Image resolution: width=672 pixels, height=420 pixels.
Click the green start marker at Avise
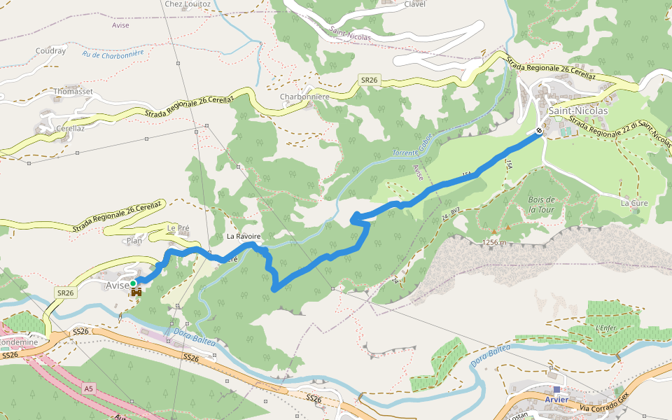[133, 283]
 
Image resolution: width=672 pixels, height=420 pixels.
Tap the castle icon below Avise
[135, 292]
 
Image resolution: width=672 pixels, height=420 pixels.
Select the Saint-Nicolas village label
[577, 111]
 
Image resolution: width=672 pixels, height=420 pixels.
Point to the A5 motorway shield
[87, 388]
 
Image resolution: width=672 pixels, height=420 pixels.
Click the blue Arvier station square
[556, 389]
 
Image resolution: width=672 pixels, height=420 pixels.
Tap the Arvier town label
[559, 400]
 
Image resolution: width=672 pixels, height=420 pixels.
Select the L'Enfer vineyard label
[605, 328]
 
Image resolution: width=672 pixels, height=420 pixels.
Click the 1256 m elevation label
[493, 242]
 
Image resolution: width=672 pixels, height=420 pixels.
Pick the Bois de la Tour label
[542, 204]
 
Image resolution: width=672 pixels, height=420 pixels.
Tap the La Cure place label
[634, 203]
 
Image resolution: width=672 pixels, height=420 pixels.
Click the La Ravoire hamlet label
[243, 237]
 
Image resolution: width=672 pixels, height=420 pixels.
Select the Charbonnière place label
[304, 97]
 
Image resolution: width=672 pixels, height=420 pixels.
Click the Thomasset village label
[73, 91]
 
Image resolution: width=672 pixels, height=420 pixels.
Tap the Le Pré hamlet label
[178, 228]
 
